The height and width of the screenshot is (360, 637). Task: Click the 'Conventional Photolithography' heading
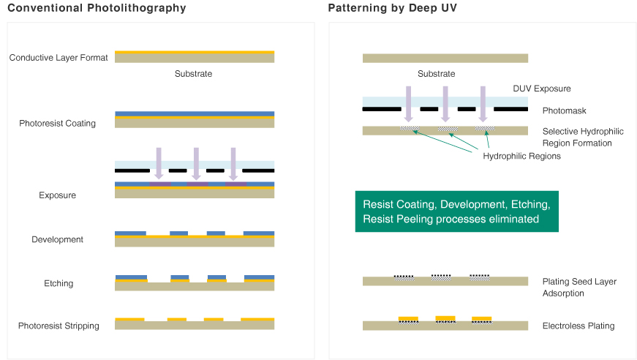97,9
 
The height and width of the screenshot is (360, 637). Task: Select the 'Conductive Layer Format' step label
59,58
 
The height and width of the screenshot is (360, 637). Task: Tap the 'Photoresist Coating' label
58,124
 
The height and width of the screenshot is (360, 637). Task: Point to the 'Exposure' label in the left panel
58,195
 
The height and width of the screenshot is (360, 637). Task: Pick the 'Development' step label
58,239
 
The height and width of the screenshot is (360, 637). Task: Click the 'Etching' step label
58,283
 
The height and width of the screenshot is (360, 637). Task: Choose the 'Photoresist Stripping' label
59,326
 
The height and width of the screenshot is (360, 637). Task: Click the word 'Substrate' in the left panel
194,74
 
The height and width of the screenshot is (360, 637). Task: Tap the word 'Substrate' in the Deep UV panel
437,74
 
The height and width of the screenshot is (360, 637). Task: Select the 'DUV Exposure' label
542,89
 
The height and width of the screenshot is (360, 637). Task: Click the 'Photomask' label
564,110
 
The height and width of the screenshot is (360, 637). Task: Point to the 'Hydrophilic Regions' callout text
521,156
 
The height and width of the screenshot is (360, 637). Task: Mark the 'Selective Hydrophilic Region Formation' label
583,137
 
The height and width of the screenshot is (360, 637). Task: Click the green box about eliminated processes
456,211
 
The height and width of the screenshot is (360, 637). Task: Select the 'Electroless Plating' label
578,326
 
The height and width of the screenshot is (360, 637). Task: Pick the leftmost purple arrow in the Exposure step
159,162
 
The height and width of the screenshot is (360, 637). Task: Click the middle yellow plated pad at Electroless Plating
445,318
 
